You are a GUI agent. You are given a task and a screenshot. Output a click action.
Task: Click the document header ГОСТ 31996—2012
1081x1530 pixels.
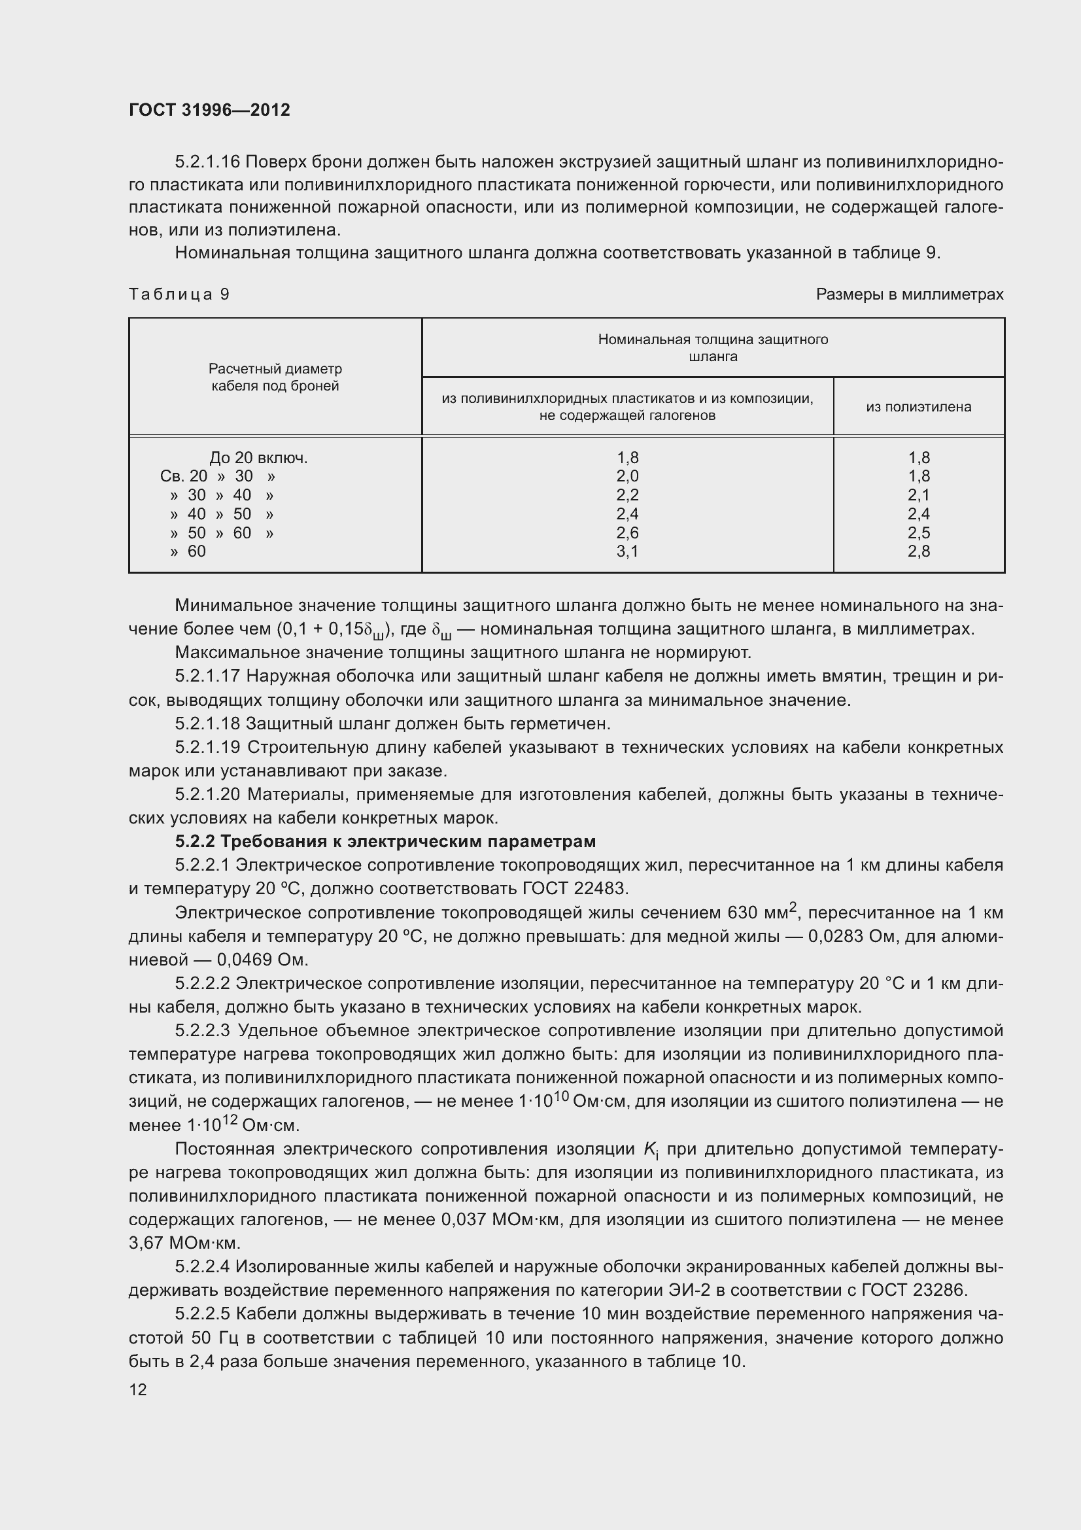[209, 110]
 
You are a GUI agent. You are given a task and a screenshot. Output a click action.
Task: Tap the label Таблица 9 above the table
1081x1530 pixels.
[179, 294]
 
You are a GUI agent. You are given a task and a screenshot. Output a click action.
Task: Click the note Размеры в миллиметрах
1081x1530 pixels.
[909, 294]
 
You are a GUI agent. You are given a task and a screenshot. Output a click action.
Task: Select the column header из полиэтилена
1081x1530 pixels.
[918, 406]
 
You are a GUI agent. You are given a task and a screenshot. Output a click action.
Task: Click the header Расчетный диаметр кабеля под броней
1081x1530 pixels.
[275, 377]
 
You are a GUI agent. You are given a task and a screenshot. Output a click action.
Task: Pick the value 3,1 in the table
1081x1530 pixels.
[626, 551]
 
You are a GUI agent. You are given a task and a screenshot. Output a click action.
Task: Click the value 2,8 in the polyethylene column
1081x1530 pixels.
[918, 551]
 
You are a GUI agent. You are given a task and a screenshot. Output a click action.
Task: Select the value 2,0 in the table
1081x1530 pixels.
[626, 476]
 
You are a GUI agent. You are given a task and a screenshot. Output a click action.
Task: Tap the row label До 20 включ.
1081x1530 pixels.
[258, 458]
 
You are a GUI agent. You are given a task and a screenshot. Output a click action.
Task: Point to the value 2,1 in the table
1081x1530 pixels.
[918, 495]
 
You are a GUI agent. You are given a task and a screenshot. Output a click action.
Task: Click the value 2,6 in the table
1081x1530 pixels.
[626, 532]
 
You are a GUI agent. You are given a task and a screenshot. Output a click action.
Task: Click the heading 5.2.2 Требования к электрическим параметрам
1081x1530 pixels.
[385, 841]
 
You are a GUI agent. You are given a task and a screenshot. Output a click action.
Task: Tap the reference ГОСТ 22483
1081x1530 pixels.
[574, 888]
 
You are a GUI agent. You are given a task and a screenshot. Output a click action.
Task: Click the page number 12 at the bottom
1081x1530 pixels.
[138, 1389]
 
